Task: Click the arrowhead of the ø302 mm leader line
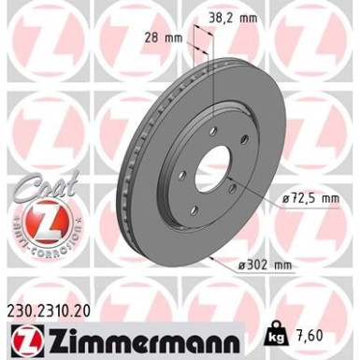pos(215,255)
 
